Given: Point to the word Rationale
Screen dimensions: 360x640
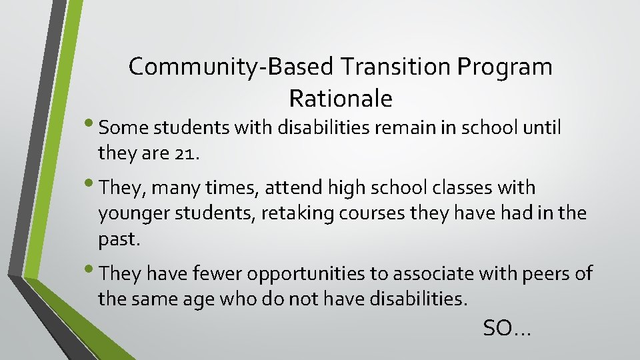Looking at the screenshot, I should [x=341, y=99].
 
